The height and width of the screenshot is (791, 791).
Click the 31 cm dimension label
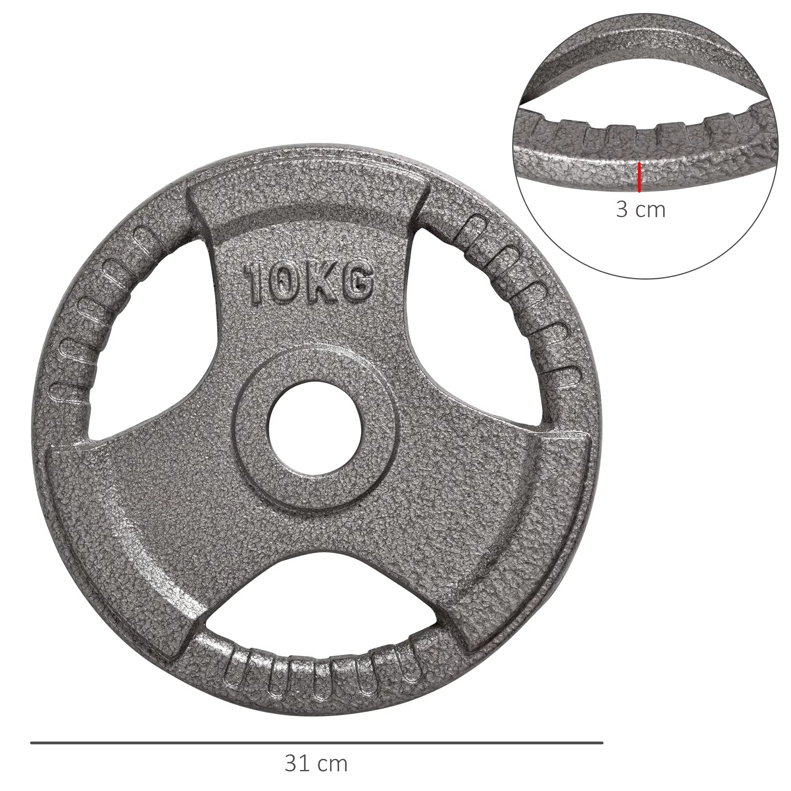point(316,764)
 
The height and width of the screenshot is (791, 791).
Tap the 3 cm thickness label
point(641,210)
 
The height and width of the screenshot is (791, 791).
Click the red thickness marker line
point(639,177)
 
